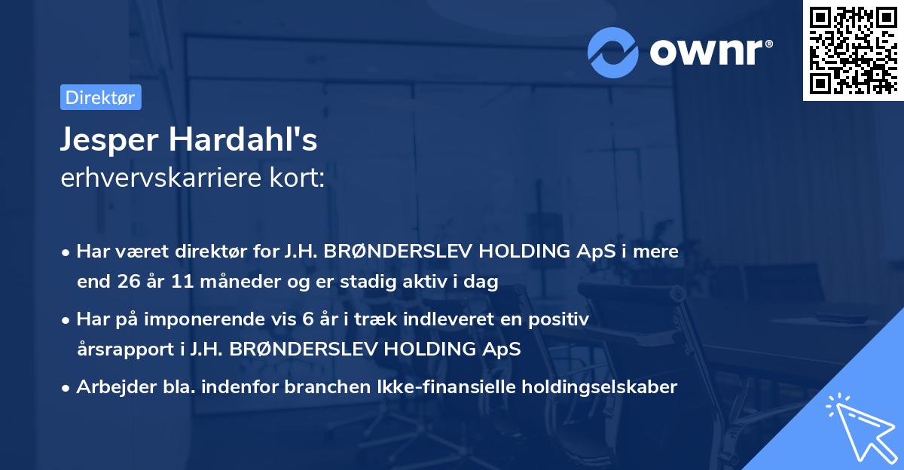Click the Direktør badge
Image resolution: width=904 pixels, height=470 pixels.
[x=100, y=97]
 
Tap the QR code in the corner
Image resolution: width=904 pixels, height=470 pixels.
[x=851, y=50]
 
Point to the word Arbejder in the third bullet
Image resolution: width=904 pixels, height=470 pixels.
[x=110, y=387]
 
